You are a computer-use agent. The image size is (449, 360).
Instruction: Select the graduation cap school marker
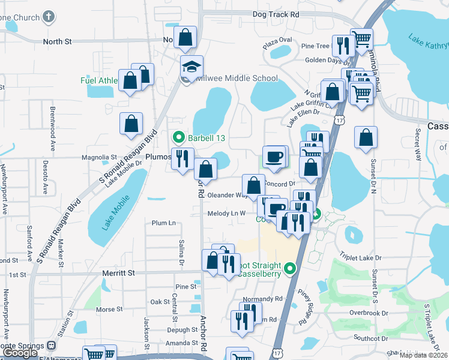coord(191,67)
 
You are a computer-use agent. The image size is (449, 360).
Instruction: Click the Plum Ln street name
coord(163,223)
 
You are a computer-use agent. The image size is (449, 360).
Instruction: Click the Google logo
coord(20,353)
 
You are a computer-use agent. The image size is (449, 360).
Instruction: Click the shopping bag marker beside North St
coord(185,37)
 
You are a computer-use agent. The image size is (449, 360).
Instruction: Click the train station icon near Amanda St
coord(52,346)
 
